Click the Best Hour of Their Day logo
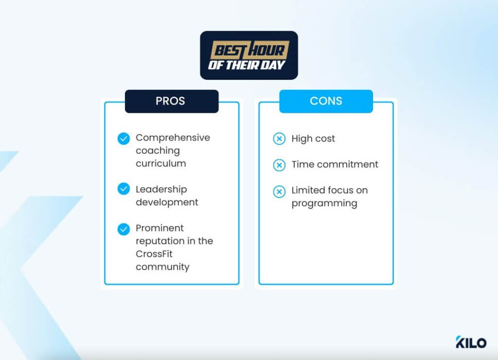click(249, 55)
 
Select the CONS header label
click(326, 101)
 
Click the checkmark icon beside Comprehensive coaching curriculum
click(124, 139)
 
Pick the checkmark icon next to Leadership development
click(124, 189)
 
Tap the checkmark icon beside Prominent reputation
click(124, 229)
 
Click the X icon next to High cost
click(279, 139)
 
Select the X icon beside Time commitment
click(279, 165)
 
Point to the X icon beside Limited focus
click(279, 191)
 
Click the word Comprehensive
click(173, 138)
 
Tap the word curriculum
click(160, 163)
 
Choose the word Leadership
click(161, 189)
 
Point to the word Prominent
click(160, 228)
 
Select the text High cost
click(313, 139)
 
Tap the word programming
click(324, 203)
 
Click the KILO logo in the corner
click(470, 342)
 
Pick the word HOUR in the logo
click(267, 50)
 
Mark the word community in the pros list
click(162, 267)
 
